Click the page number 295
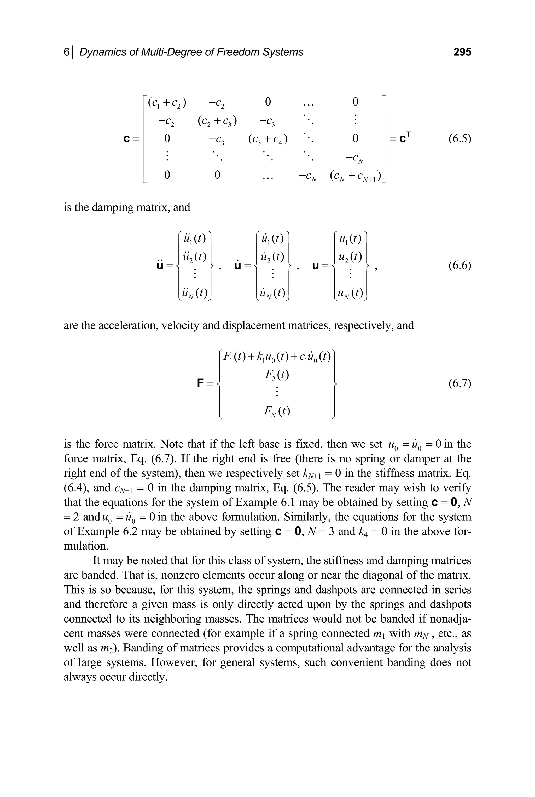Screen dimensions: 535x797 pyautogui.click(x=462, y=52)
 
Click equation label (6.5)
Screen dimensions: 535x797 pyautogui.click(x=460, y=139)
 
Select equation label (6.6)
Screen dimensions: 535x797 pyautogui.click(x=460, y=265)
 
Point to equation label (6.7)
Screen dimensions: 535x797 pyautogui.click(x=460, y=383)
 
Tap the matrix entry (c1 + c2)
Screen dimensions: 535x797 pyautogui.click(x=167, y=102)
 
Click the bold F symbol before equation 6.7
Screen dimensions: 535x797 pyautogui.click(x=201, y=383)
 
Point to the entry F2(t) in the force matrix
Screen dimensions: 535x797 pyautogui.click(x=276, y=375)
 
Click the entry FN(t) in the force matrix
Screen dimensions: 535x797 pyautogui.click(x=276, y=411)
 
